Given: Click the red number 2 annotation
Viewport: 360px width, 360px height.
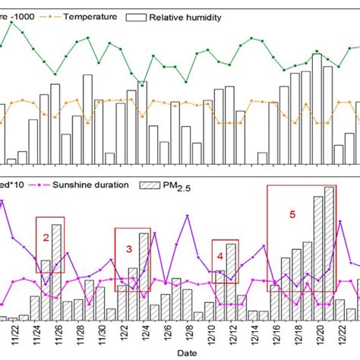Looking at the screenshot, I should click(46, 238).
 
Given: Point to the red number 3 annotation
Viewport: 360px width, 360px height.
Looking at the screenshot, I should click(128, 248).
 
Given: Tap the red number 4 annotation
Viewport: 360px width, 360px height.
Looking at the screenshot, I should click(220, 256).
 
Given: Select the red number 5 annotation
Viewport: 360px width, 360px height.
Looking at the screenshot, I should click(292, 215).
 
